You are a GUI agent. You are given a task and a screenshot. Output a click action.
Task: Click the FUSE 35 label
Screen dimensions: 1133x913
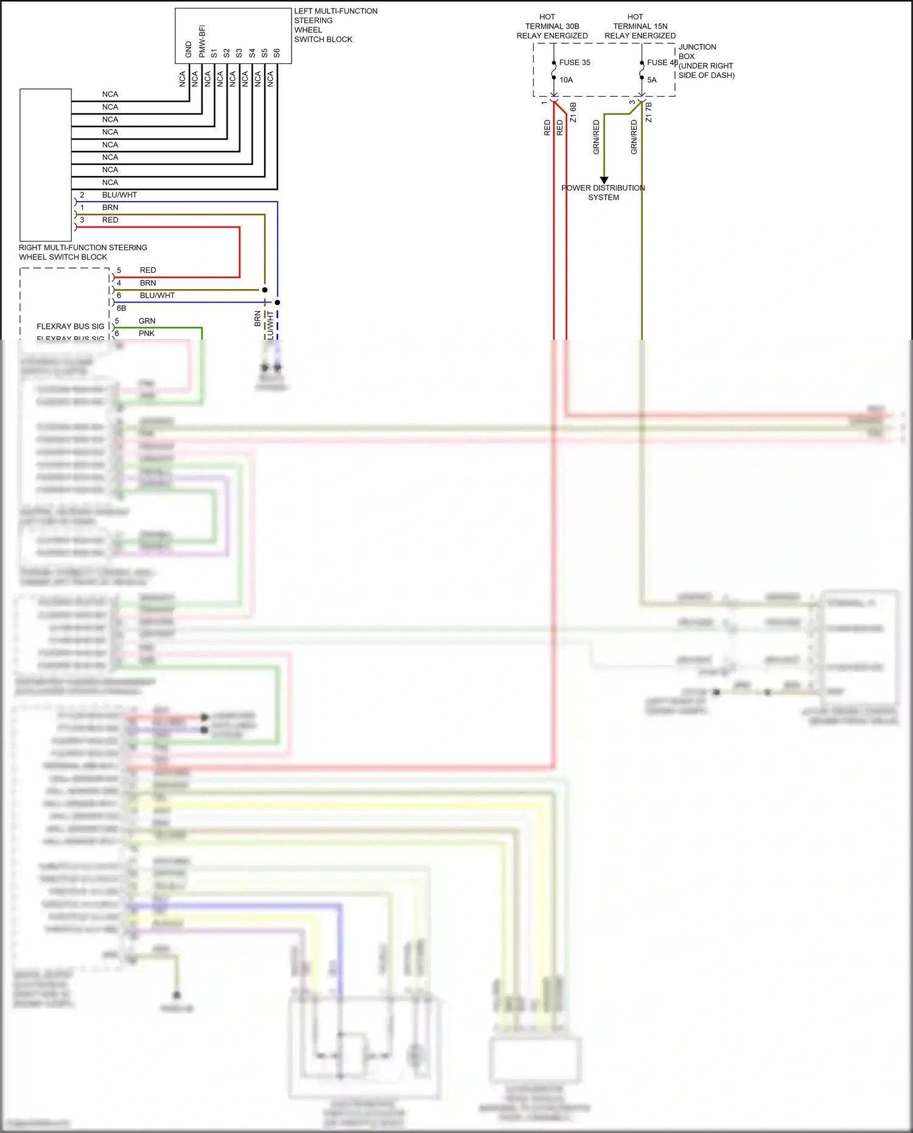click(x=575, y=63)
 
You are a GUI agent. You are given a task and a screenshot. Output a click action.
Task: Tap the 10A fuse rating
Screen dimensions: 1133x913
click(x=566, y=80)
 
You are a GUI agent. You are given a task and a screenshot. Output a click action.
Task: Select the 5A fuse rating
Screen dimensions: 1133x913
click(x=652, y=80)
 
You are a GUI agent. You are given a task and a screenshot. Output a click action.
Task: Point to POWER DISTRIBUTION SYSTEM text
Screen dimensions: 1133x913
click(x=603, y=192)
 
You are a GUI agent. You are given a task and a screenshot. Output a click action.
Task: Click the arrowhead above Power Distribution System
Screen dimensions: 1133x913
click(x=604, y=180)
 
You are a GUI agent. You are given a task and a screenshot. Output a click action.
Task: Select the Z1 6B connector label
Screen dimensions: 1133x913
click(x=573, y=113)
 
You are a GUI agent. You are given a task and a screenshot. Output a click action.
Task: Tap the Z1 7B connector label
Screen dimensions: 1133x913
click(x=649, y=113)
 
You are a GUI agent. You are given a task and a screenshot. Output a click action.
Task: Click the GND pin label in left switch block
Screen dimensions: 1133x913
click(x=189, y=50)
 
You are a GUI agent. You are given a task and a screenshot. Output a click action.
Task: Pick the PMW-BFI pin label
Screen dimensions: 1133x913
click(x=201, y=41)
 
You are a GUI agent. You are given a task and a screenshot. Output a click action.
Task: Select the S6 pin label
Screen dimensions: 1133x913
click(x=277, y=53)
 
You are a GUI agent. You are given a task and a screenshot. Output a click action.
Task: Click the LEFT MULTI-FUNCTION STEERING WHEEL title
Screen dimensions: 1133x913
click(x=335, y=25)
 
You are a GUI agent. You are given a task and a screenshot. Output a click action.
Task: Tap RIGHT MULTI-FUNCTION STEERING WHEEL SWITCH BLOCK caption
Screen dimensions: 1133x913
click(x=83, y=252)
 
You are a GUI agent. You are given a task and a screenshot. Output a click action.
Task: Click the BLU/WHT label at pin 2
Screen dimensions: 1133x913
click(x=119, y=195)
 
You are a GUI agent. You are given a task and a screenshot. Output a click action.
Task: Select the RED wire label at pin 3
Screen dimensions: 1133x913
click(x=110, y=220)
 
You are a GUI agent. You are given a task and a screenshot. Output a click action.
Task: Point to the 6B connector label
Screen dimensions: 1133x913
click(x=121, y=308)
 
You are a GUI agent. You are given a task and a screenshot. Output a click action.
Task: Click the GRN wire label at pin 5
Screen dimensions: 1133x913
click(x=147, y=321)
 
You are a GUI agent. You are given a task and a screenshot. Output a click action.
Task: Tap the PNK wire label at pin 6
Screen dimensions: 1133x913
click(x=147, y=334)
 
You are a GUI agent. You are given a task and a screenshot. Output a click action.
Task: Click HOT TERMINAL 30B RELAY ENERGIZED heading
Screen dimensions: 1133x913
click(x=552, y=26)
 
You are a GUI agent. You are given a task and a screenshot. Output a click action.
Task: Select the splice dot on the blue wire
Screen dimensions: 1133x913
click(x=278, y=302)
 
